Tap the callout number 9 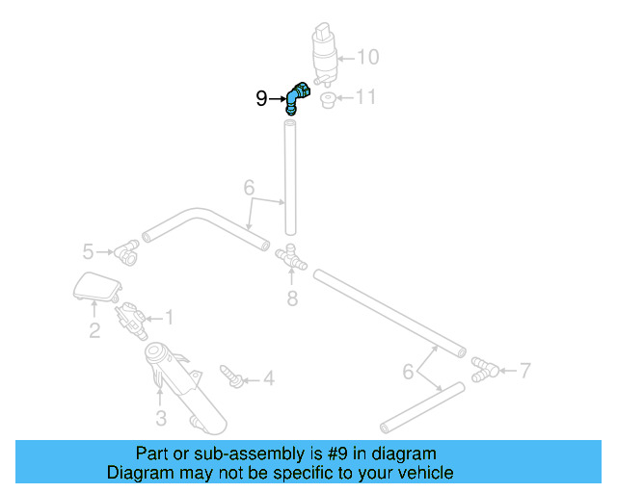click(261, 98)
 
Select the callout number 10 click(368, 57)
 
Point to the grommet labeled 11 click(327, 100)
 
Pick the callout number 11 click(365, 97)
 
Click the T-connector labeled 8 click(289, 257)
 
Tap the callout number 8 click(292, 298)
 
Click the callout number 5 click(88, 252)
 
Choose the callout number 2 click(94, 331)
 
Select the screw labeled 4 click(230, 376)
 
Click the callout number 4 click(268, 379)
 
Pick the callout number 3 click(161, 418)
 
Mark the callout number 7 click(524, 368)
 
